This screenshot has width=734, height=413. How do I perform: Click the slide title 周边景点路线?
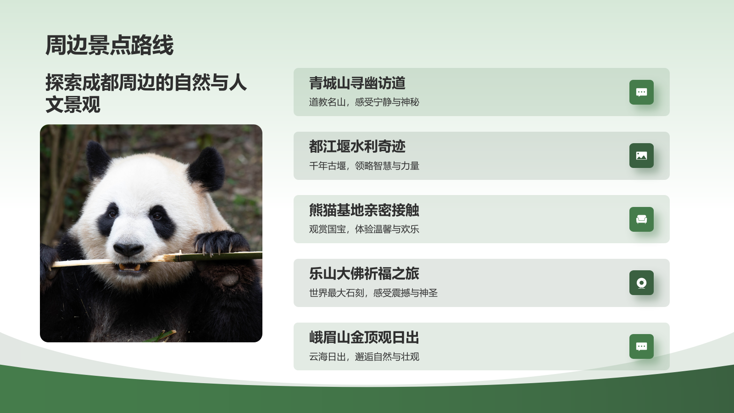pos(109,45)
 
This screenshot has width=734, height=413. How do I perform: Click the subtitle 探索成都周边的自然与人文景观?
pos(146,93)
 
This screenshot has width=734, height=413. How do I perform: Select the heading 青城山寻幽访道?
pos(357,83)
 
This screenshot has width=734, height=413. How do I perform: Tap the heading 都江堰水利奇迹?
pos(357,146)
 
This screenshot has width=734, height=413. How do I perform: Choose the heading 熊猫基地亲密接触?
pos(364,210)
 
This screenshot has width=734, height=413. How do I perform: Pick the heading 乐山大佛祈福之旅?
pos(364,273)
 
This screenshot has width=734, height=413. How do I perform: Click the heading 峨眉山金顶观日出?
pos(364,337)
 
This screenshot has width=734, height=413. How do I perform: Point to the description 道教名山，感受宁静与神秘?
pos(364,102)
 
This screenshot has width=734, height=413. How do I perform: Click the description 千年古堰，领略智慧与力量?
pos(364,166)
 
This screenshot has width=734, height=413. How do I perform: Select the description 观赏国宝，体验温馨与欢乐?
pos(364,229)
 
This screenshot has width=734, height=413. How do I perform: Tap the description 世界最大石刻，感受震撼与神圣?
pos(373,293)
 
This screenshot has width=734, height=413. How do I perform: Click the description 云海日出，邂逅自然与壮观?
pos(364,357)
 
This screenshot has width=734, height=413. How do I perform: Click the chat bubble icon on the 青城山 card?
pos(641,92)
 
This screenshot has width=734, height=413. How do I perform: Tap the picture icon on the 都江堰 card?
pos(641,156)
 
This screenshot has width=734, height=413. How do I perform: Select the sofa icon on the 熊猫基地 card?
pos(641,219)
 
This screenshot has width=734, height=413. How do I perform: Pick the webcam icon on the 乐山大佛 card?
pos(641,283)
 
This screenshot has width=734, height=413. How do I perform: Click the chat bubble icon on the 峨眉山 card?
pos(641,346)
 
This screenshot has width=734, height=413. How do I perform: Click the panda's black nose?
pos(128,249)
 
